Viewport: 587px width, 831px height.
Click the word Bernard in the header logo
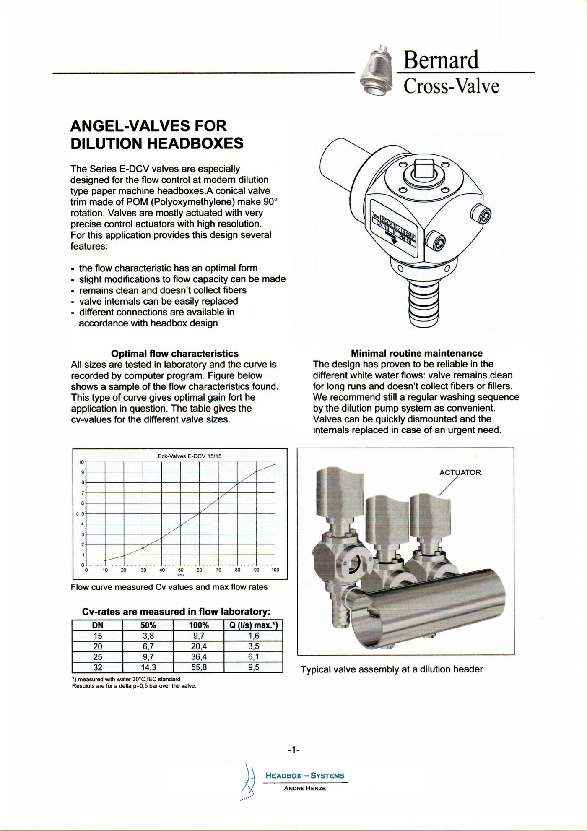pos(440,60)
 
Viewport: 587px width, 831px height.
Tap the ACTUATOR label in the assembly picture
pos(460,472)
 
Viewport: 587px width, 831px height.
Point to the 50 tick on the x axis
pos(181,570)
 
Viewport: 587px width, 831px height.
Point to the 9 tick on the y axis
pos(83,472)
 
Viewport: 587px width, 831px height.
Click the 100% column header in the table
pos(199,625)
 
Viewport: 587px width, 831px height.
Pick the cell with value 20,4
pos(199,646)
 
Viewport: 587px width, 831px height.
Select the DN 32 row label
pos(97,667)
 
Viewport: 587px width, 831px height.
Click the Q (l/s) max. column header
pos(254,625)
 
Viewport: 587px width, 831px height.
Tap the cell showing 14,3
pos(148,667)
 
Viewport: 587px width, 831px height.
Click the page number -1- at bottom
pos(293,749)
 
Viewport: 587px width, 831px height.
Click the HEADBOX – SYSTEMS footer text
pos(305,776)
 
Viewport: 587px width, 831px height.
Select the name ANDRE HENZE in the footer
pos(305,788)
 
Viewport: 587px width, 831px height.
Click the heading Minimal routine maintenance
pos(416,353)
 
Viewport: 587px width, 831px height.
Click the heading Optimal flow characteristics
pos(174,354)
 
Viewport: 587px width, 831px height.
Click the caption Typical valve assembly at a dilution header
pos(392,669)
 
